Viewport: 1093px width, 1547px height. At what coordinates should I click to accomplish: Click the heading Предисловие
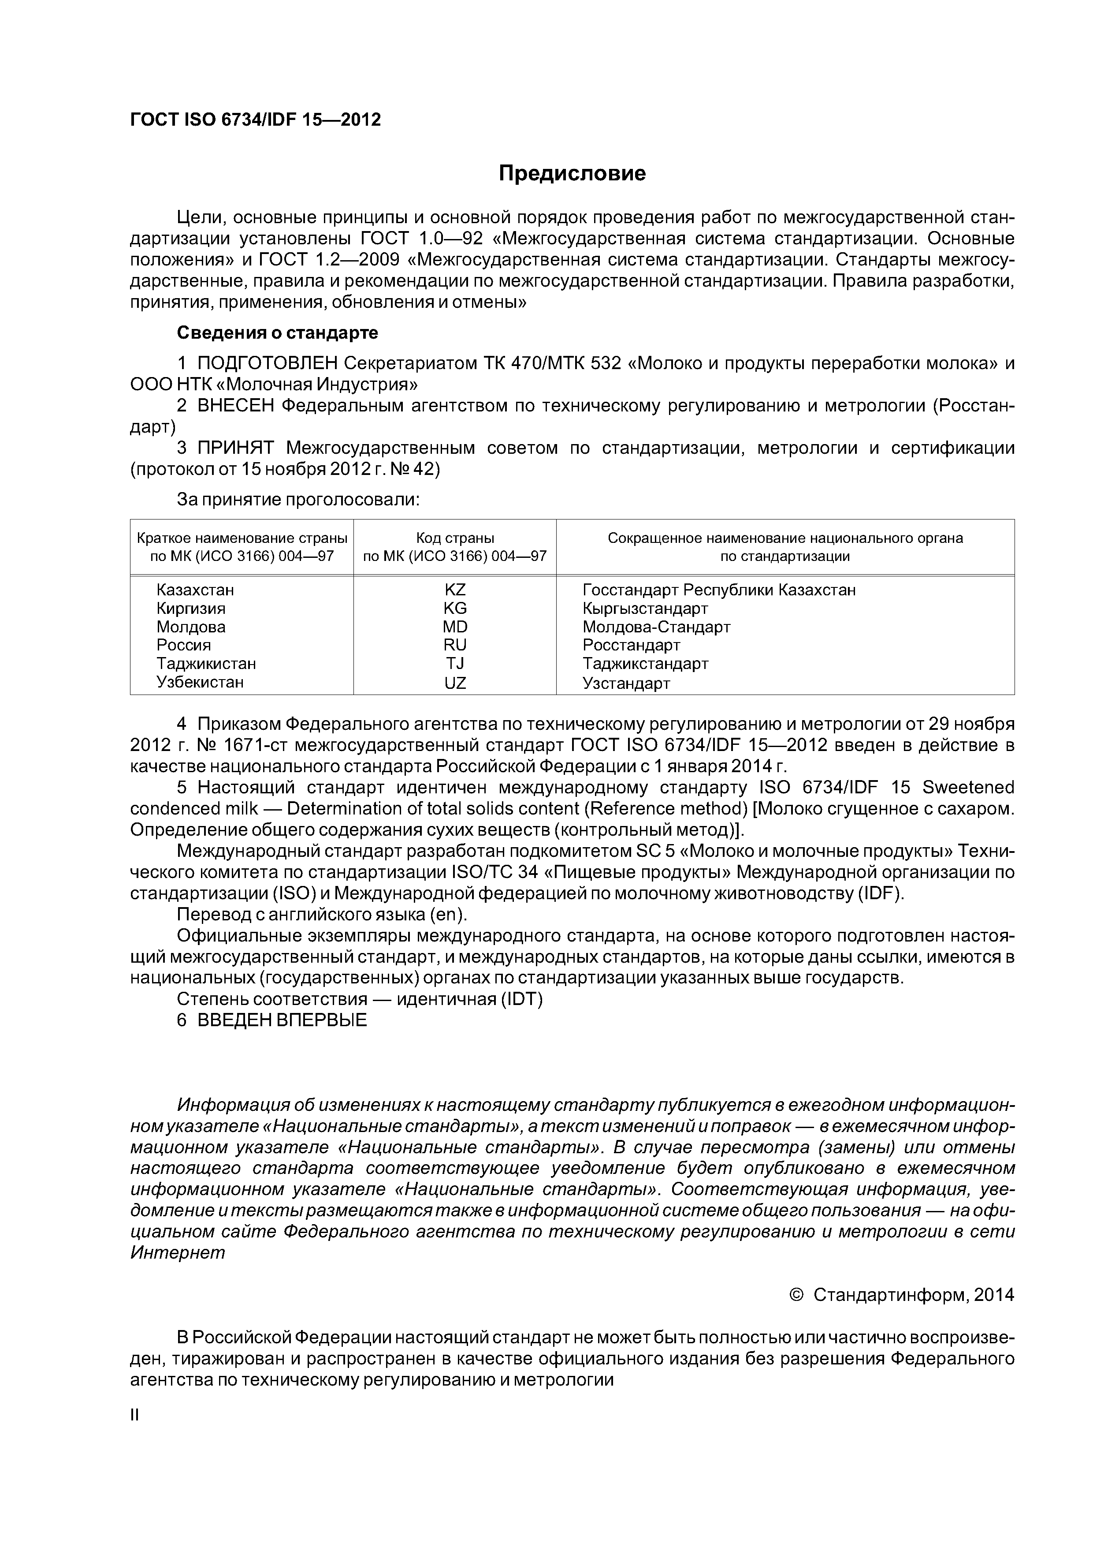pyautogui.click(x=572, y=174)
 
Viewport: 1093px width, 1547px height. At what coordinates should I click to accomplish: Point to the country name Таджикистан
pyautogui.click(x=206, y=664)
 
